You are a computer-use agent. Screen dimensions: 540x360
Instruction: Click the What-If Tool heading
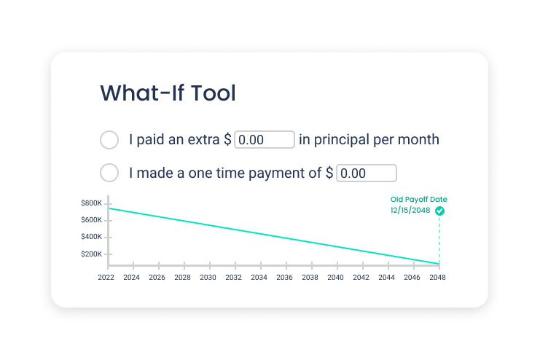tap(168, 93)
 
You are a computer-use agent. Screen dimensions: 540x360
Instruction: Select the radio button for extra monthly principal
tap(109, 140)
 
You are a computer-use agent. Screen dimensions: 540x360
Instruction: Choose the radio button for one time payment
tap(109, 173)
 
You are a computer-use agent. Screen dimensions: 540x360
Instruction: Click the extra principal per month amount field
tap(265, 139)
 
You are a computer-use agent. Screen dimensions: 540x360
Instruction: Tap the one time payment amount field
tap(367, 173)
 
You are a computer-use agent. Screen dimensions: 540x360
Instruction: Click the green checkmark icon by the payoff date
tap(439, 211)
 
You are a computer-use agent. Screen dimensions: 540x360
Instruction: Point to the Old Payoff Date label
tap(418, 200)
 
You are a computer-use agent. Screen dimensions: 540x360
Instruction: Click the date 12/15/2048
tap(410, 210)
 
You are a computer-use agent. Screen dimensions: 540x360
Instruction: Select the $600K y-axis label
tap(91, 220)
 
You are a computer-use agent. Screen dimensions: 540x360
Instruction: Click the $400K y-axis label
tap(91, 237)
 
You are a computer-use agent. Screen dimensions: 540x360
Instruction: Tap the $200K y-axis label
tap(91, 254)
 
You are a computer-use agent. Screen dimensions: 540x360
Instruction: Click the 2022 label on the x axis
tap(106, 278)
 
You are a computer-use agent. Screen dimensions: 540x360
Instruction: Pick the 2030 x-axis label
tap(208, 278)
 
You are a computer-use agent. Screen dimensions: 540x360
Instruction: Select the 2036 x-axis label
tap(284, 278)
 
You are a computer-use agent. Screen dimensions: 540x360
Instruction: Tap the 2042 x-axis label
tap(361, 278)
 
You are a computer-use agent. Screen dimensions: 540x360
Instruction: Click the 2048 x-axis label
tap(437, 278)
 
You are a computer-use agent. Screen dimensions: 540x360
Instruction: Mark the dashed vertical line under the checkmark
tap(439, 240)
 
